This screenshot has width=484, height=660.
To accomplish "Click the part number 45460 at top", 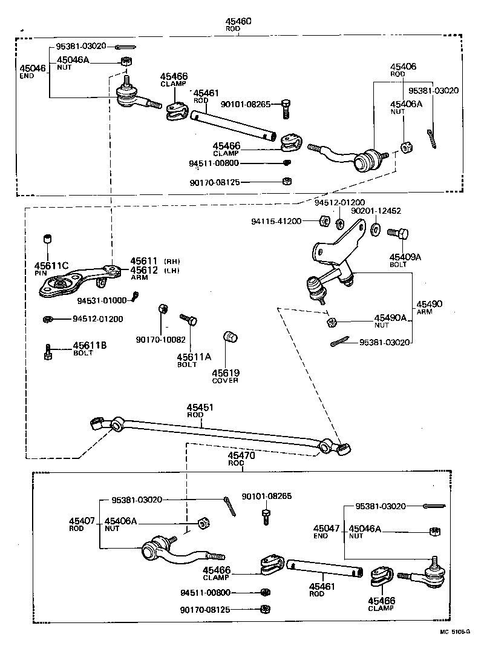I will pos(238,21).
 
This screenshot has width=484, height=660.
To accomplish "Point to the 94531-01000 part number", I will pos(102,300).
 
